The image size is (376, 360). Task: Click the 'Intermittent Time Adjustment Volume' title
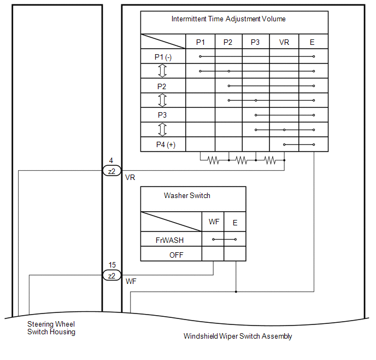pyautogui.click(x=228, y=19)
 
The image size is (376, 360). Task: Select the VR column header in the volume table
pyautogui.click(x=284, y=42)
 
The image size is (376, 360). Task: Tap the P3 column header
pyautogui.click(x=255, y=42)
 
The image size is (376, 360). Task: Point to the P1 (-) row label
pyautogui.click(x=163, y=57)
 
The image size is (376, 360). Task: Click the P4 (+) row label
pyautogui.click(x=166, y=145)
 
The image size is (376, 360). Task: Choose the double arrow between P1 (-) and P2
pyautogui.click(x=162, y=71)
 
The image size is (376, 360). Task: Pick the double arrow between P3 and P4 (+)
pyautogui.click(x=162, y=130)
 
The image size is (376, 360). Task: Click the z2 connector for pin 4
pyautogui.click(x=111, y=171)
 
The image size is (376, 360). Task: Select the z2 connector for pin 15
pyautogui.click(x=111, y=275)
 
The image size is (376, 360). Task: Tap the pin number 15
pyautogui.click(x=112, y=265)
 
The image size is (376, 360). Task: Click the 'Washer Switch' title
pyautogui.click(x=187, y=196)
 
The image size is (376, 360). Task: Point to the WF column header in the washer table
pyautogui.click(x=214, y=222)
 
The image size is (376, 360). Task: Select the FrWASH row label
pyautogui.click(x=169, y=240)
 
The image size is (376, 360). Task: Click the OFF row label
pyautogui.click(x=176, y=255)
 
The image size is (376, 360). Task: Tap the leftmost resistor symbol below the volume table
pyautogui.click(x=213, y=160)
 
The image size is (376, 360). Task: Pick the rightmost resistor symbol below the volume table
pyautogui.click(x=270, y=160)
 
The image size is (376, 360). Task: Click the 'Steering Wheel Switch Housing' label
pyautogui.click(x=51, y=328)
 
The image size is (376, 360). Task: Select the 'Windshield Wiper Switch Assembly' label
pyautogui.click(x=238, y=336)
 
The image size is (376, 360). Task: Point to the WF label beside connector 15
pyautogui.click(x=131, y=281)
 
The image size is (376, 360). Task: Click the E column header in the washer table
pyautogui.click(x=235, y=223)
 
